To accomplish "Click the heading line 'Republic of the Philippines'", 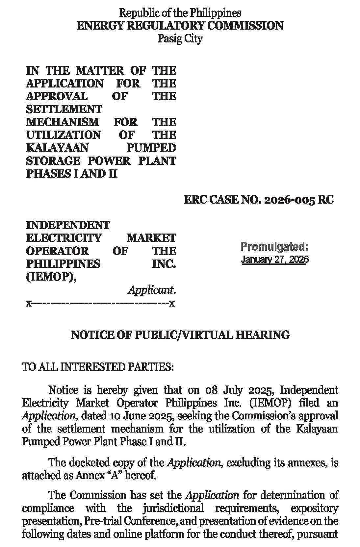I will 180,13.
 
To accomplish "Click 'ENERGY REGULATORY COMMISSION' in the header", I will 180,26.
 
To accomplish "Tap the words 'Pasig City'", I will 180,39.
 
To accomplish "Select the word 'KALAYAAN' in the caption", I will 57,148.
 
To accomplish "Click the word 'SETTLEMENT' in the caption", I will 64,109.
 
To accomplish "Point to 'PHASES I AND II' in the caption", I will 72,174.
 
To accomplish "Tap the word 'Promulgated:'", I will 274,246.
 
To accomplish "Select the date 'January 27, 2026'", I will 274,260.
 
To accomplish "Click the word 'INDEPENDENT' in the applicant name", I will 68,225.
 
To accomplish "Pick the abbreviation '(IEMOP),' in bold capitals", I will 51,277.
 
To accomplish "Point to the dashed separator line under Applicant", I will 100,303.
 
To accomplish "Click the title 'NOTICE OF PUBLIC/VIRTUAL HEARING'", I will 180,335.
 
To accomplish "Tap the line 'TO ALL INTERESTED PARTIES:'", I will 98,367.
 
